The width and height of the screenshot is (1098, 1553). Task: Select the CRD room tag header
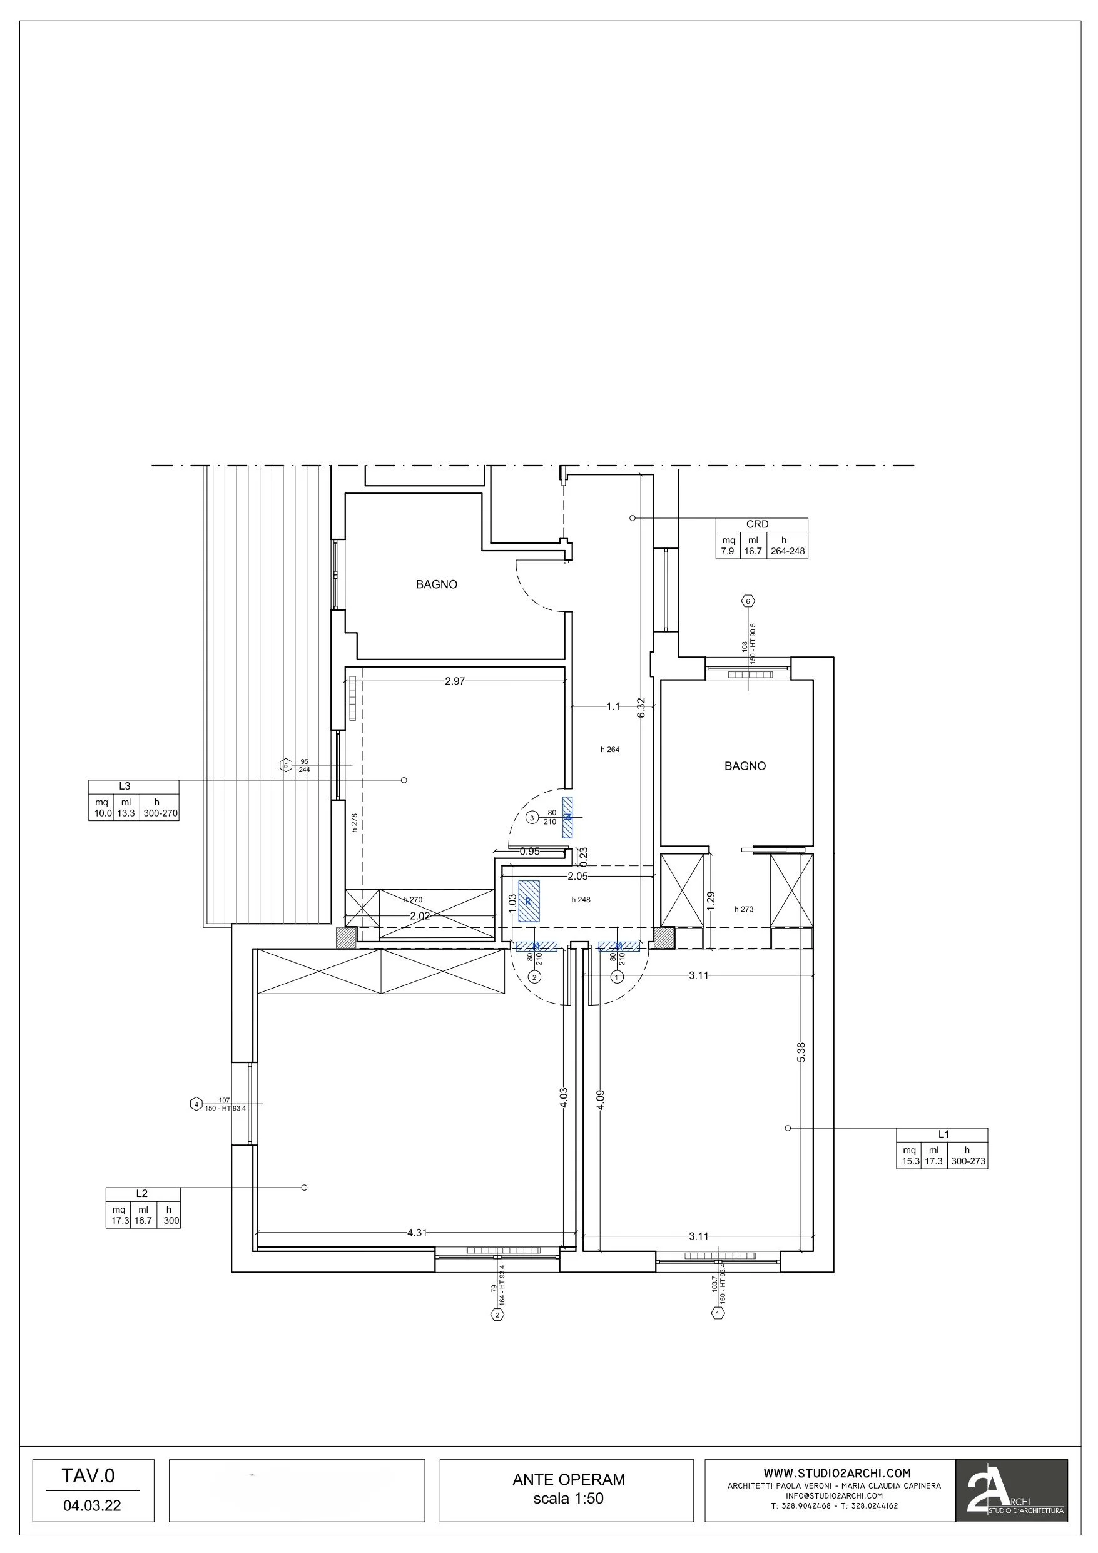point(757,524)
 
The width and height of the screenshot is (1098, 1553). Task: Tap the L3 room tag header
point(125,786)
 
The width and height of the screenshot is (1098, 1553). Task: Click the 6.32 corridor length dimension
point(641,708)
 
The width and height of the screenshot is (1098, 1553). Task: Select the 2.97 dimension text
point(455,681)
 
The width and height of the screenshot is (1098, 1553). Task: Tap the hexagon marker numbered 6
point(748,601)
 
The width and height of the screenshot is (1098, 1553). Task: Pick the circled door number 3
point(532,818)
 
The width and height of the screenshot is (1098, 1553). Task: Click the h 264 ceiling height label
point(609,750)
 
